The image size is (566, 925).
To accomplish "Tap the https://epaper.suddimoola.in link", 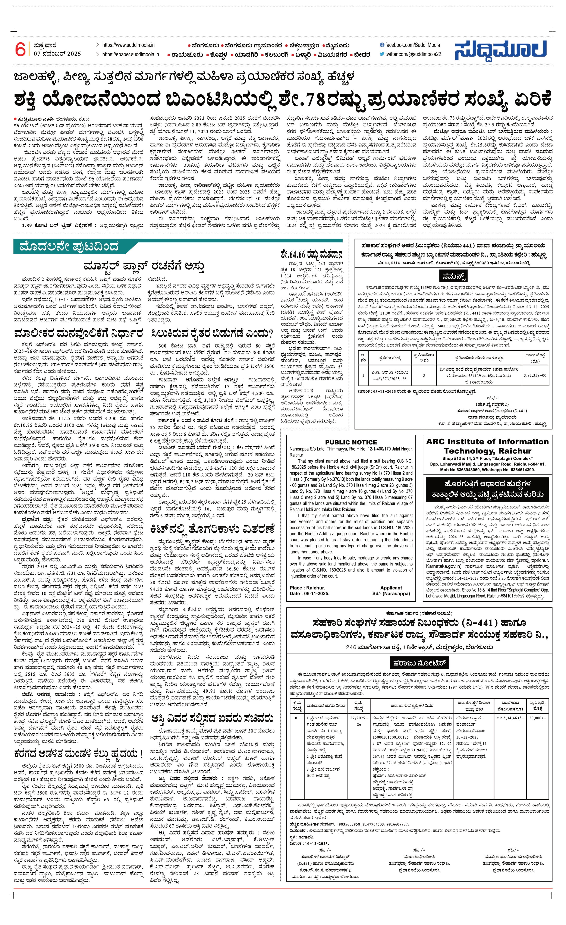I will tap(130, 54).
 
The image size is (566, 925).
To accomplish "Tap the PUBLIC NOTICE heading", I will tap(351, 442).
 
